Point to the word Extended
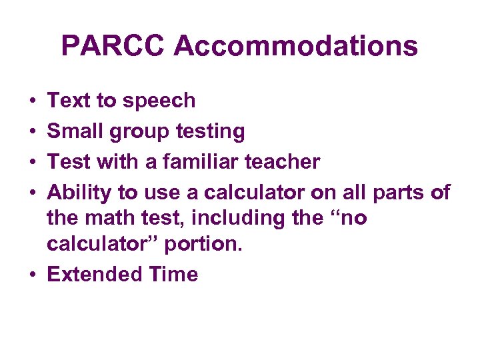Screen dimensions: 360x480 (x=95, y=274)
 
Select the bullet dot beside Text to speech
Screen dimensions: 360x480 (x=32, y=101)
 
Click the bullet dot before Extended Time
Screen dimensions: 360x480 (x=32, y=275)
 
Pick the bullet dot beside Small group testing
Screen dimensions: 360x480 (x=32, y=131)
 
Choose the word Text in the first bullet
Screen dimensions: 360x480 (x=69, y=101)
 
